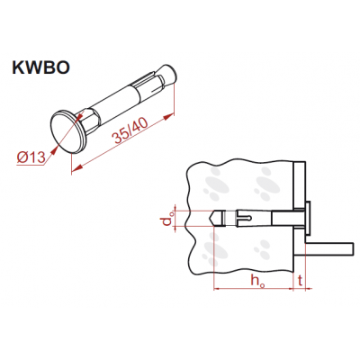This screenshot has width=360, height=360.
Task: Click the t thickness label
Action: point(300,280)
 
